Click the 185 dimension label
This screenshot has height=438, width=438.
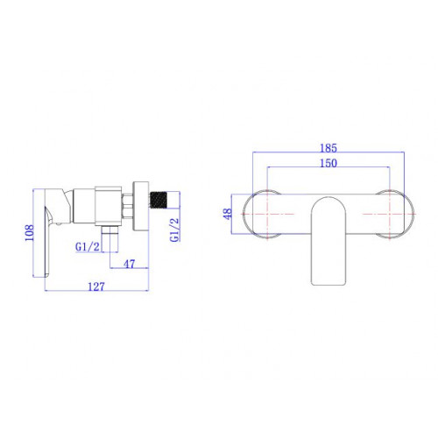pyautogui.click(x=328, y=148)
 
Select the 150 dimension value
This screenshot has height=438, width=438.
pyautogui.click(x=328, y=163)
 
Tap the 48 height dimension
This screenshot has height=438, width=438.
pyautogui.click(x=228, y=213)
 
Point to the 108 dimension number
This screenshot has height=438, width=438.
pyautogui.click(x=30, y=233)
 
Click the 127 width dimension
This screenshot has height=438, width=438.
pyautogui.click(x=96, y=286)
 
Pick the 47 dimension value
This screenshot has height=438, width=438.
pyautogui.click(x=130, y=264)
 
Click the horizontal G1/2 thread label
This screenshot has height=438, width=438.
pyautogui.click(x=88, y=247)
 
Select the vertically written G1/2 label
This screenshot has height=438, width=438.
pyautogui.click(x=174, y=230)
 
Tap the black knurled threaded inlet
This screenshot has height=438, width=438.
pyautogui.click(x=158, y=200)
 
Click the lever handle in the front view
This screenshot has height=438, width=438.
pyautogui.click(x=328, y=241)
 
